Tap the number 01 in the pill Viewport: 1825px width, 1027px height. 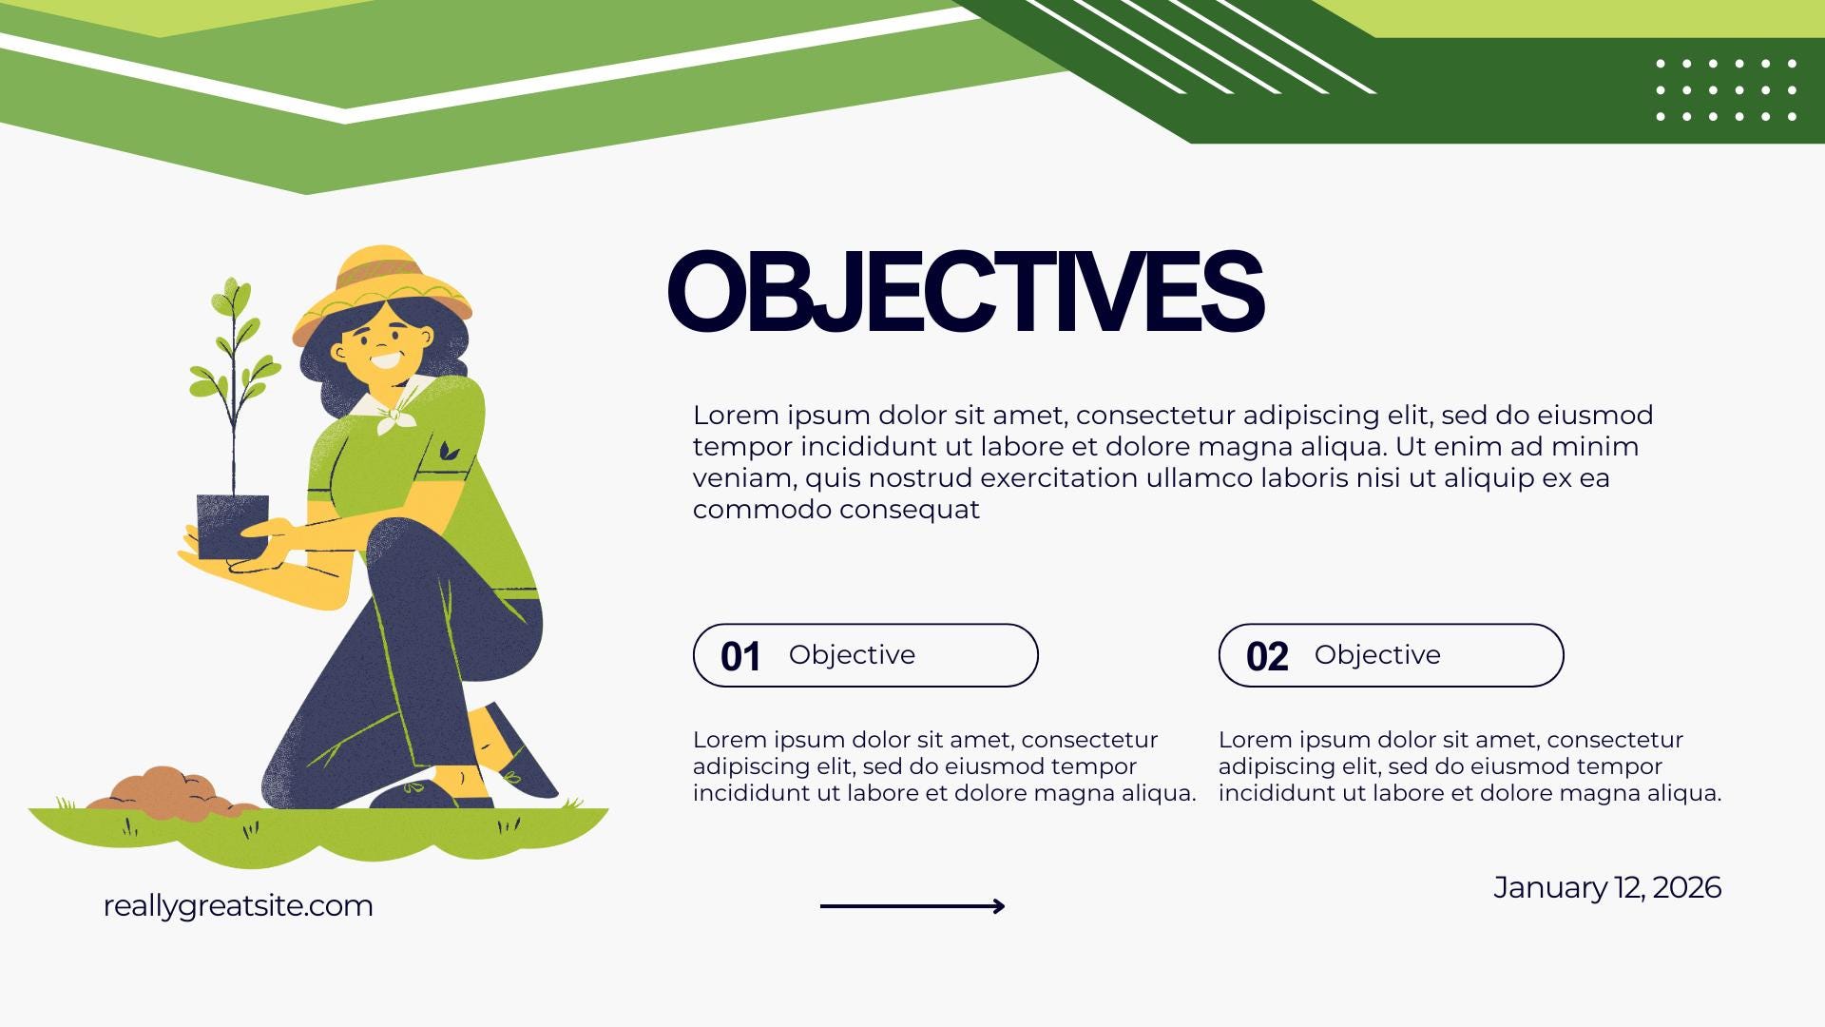[x=740, y=657]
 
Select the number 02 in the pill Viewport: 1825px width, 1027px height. [x=1267, y=657]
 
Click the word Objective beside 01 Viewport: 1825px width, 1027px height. [x=852, y=655]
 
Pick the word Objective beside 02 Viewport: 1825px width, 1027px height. [x=1377, y=655]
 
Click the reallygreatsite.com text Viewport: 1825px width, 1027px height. [x=238, y=906]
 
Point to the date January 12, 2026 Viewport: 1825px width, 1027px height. [x=1607, y=887]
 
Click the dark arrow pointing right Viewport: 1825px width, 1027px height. [x=912, y=906]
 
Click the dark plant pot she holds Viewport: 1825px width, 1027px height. [x=232, y=526]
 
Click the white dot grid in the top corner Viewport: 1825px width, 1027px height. [x=1726, y=90]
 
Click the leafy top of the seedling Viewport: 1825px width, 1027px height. [x=234, y=352]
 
